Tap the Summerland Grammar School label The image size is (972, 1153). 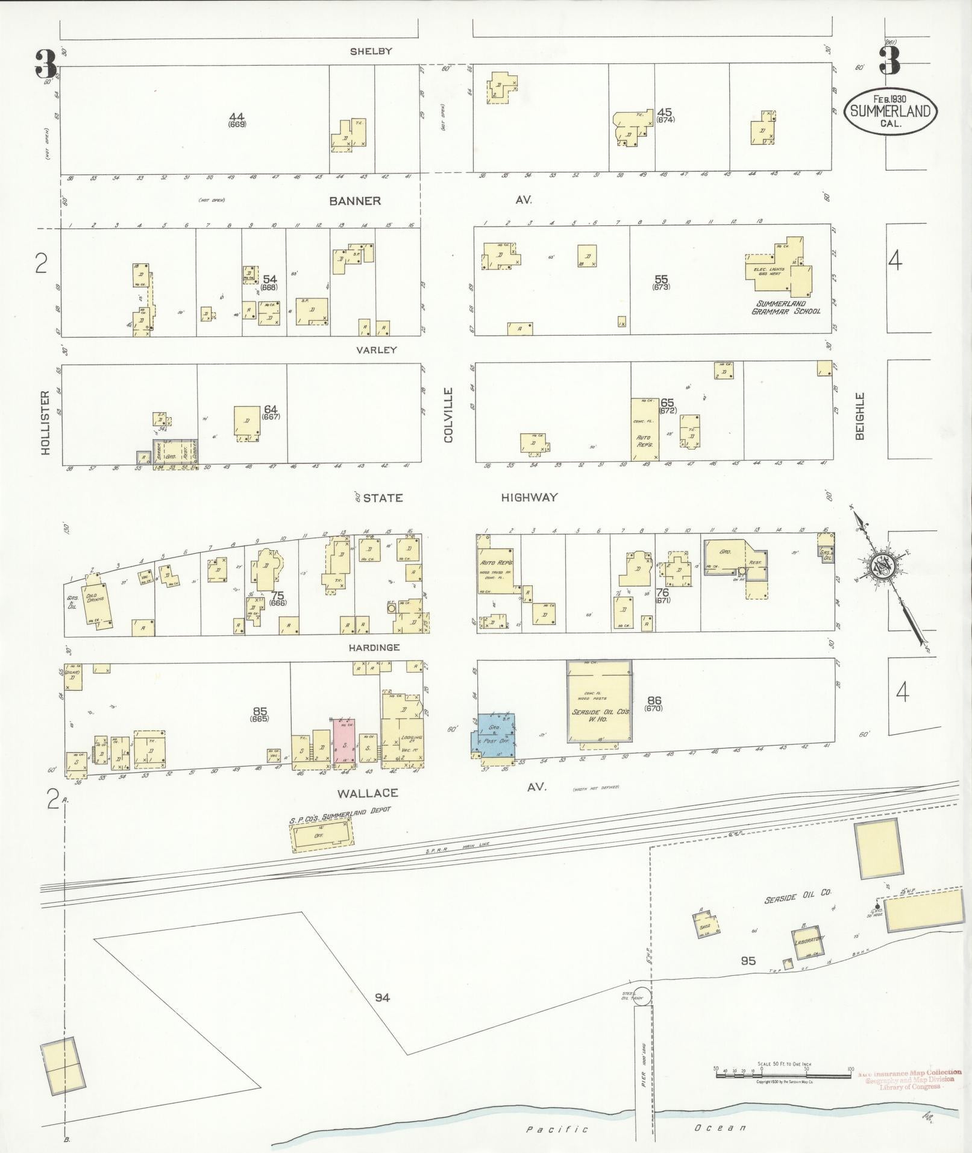(785, 307)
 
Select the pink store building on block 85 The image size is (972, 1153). (344, 744)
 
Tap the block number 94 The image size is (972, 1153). (382, 997)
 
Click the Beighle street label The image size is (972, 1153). (859, 416)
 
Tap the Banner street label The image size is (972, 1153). (355, 201)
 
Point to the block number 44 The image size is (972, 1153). (237, 116)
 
